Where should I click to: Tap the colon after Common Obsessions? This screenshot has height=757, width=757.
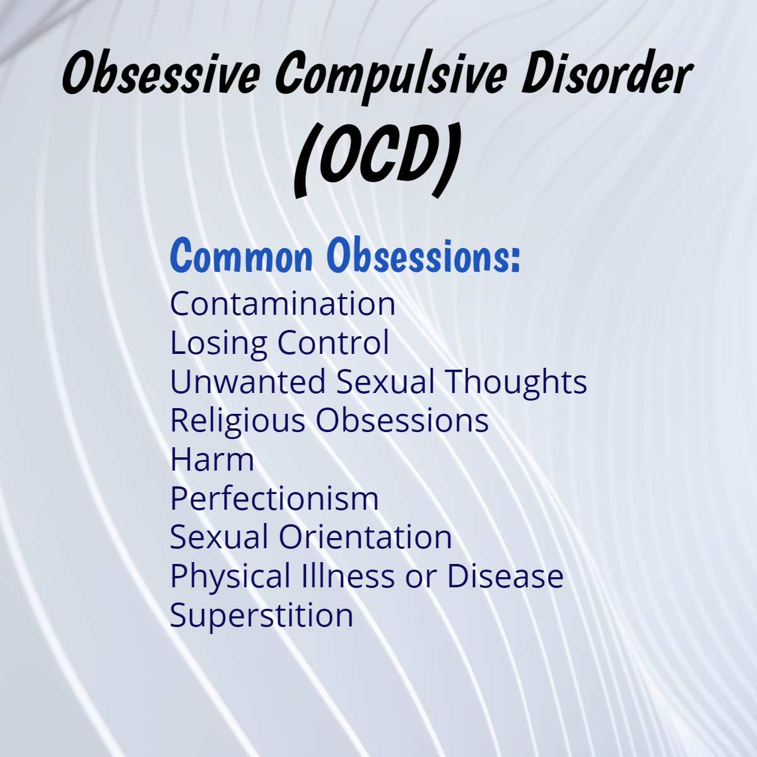pyautogui.click(x=515, y=259)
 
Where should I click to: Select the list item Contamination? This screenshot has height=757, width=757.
pyautogui.click(x=283, y=304)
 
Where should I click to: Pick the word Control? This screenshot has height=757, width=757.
pyautogui.click(x=333, y=343)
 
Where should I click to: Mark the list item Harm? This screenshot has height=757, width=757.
pyautogui.click(x=212, y=459)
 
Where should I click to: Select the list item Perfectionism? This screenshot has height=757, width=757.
pyautogui.click(x=274, y=498)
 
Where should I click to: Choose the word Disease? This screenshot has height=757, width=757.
pyautogui.click(x=505, y=576)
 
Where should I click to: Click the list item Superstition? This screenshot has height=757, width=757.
pyautogui.click(x=261, y=615)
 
